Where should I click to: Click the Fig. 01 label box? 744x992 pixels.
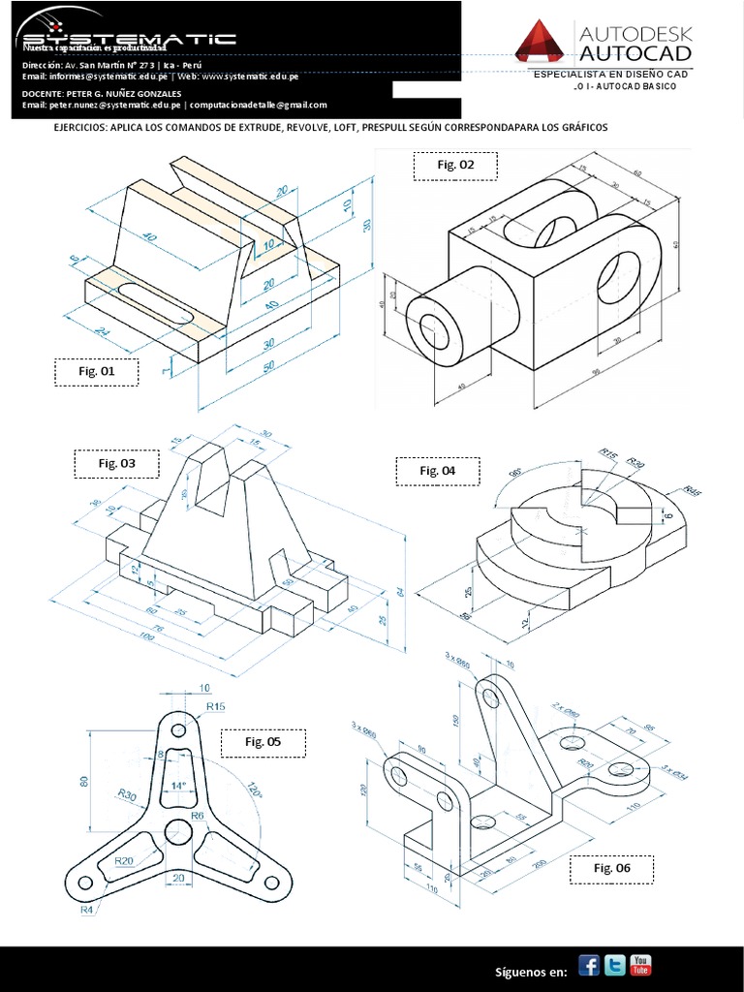(96, 372)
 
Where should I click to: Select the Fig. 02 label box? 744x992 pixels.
(455, 166)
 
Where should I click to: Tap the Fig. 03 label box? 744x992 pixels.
(117, 464)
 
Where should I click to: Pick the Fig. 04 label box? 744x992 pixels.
(437, 471)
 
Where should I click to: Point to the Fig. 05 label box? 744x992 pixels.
(262, 743)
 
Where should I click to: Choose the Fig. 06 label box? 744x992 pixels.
(611, 869)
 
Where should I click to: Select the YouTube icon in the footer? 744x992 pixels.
(640, 965)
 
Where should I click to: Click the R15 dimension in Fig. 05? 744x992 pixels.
(215, 707)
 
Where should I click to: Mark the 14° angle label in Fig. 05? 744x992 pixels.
(177, 785)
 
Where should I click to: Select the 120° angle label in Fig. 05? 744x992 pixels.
(255, 790)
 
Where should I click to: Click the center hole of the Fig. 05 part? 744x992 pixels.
(177, 831)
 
